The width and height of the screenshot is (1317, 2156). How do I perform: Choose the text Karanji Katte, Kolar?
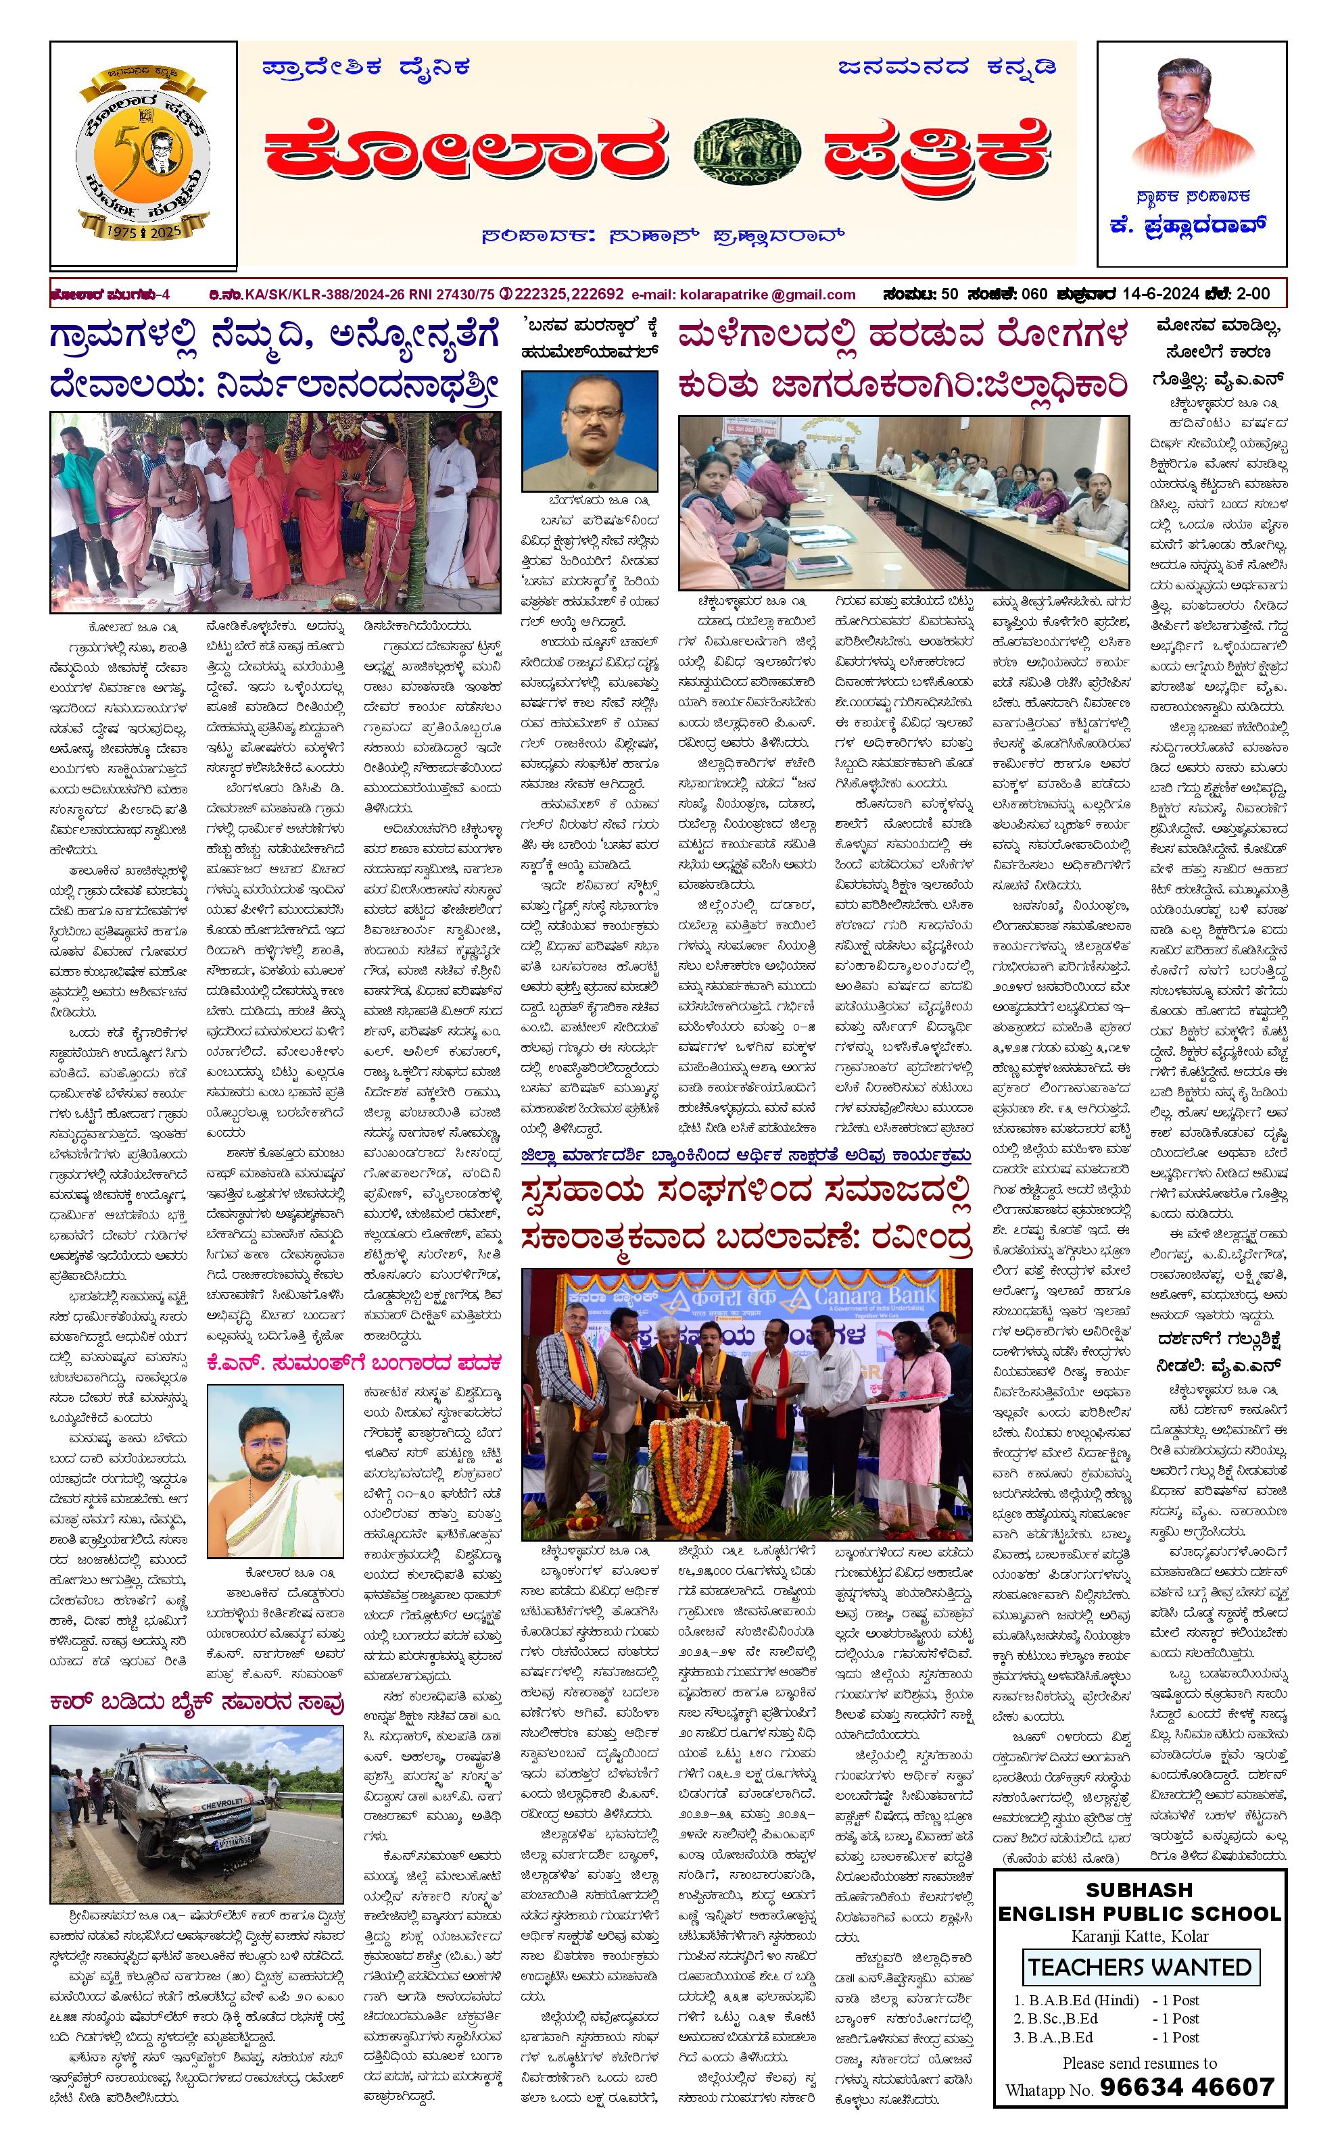[x=1139, y=1936]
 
